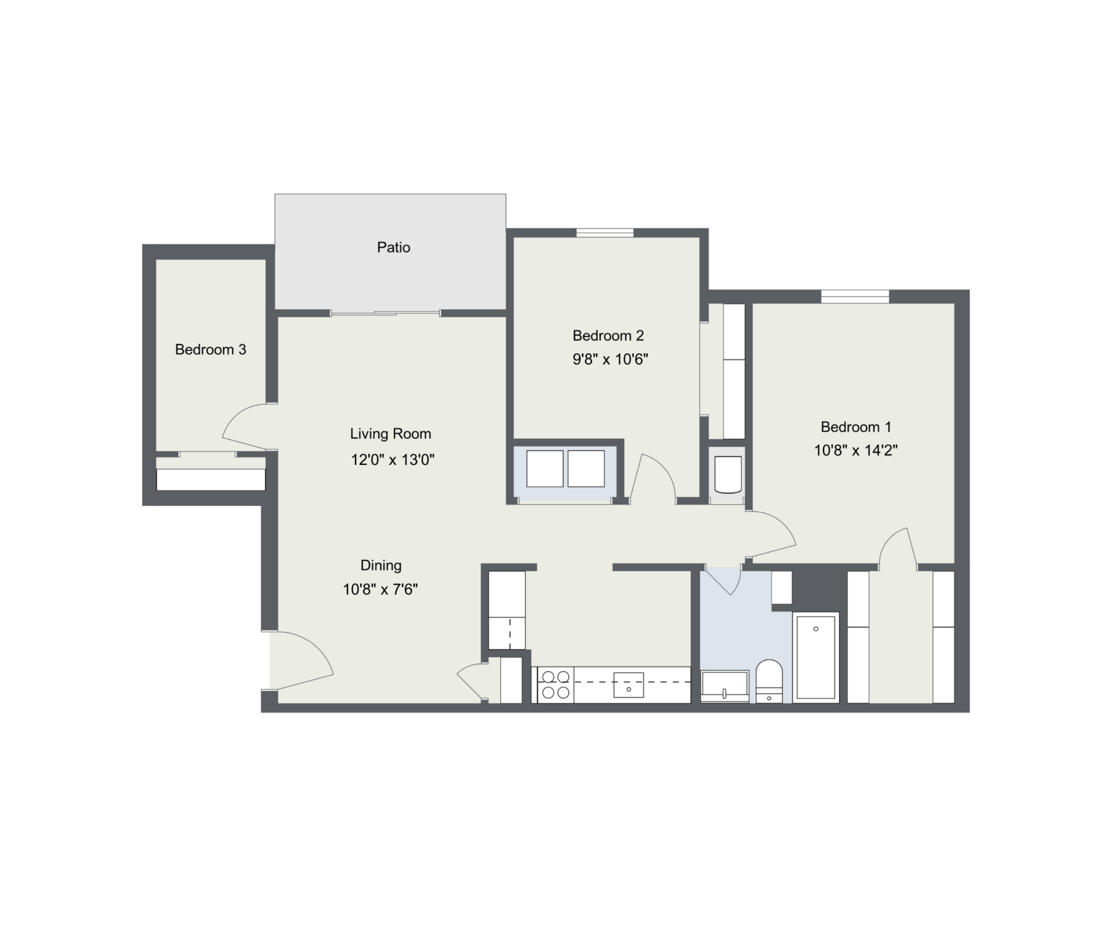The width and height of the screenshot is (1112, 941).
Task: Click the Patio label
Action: pyautogui.click(x=393, y=247)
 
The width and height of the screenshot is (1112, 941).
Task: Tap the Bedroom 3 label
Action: pyautogui.click(x=210, y=349)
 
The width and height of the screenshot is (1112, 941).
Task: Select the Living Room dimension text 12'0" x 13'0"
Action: pyautogui.click(x=393, y=460)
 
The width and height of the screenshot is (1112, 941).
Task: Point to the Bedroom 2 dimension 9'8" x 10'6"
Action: pyautogui.click(x=610, y=359)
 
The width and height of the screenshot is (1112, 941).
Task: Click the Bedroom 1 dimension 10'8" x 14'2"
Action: pyautogui.click(x=856, y=450)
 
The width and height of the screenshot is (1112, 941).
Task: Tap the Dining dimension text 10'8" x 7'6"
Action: pyautogui.click(x=381, y=590)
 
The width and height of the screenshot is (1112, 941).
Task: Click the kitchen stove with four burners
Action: pyautogui.click(x=555, y=684)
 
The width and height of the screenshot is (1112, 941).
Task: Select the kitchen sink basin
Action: pyautogui.click(x=628, y=685)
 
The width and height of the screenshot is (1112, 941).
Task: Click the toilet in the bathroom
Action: pyautogui.click(x=769, y=681)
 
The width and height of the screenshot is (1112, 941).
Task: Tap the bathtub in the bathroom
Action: pyautogui.click(x=815, y=657)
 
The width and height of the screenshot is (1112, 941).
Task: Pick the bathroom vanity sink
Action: pyautogui.click(x=725, y=686)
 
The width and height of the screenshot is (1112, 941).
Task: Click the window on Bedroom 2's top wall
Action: pyautogui.click(x=605, y=233)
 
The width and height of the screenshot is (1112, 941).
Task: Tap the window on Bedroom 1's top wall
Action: pyautogui.click(x=855, y=296)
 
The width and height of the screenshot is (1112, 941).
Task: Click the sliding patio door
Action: pyautogui.click(x=385, y=313)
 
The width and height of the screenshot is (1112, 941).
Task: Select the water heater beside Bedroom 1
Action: pyautogui.click(x=728, y=474)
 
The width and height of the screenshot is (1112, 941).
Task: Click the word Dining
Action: pyautogui.click(x=381, y=565)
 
